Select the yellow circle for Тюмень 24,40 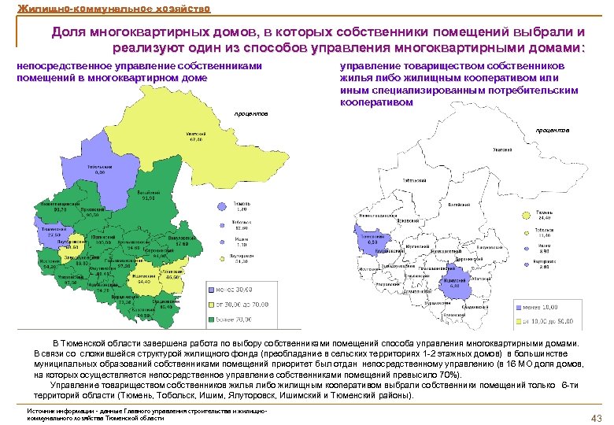pos(525,213)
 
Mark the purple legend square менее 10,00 pos(520,307)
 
